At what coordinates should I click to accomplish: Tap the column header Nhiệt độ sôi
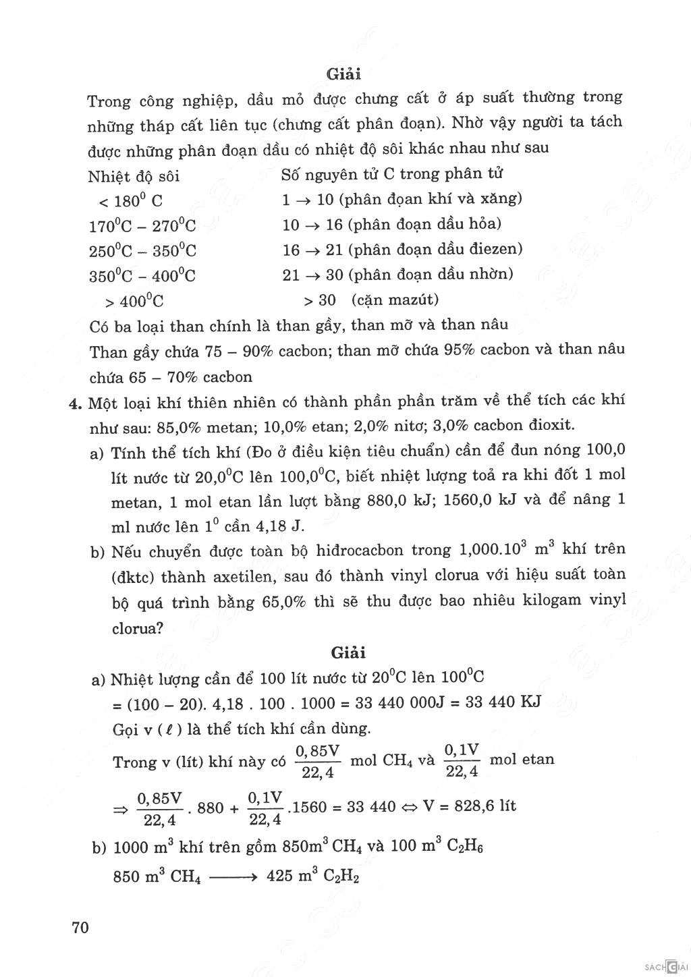(x=134, y=177)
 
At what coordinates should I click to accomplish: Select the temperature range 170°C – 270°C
(x=142, y=225)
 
